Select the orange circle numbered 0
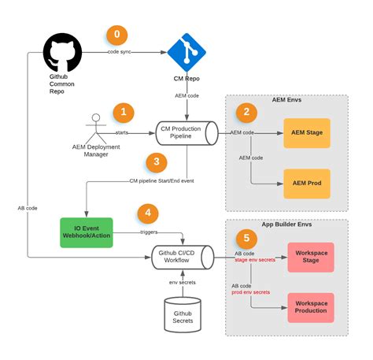click(x=118, y=35)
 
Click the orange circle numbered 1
click(x=124, y=112)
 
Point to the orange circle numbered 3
click(x=157, y=162)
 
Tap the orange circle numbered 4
click(x=148, y=213)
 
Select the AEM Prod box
click(x=308, y=184)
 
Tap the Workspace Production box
click(x=311, y=307)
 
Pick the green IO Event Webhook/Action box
click(x=86, y=232)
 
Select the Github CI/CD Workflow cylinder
click(x=182, y=255)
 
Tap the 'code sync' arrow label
click(x=120, y=52)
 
